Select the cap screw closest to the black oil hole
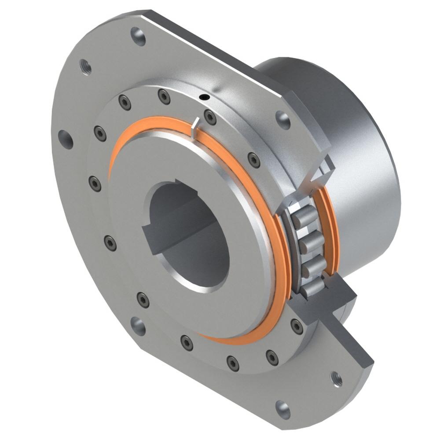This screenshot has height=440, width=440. click(x=210, y=117)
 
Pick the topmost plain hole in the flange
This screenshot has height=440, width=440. click(x=138, y=36)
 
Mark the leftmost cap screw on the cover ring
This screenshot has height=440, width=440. click(x=95, y=183)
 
